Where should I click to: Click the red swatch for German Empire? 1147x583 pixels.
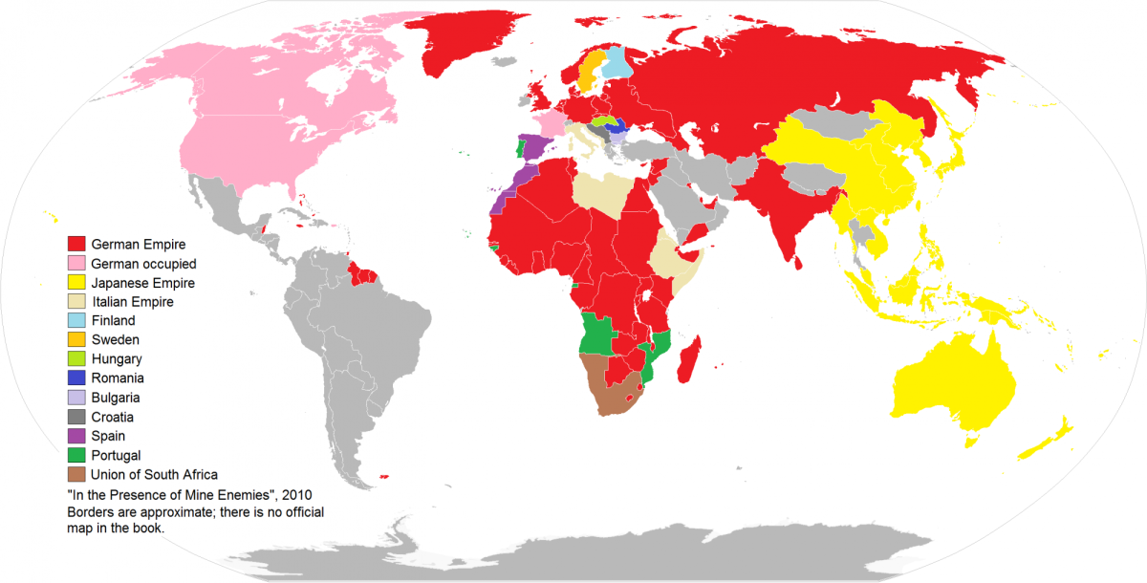(76, 245)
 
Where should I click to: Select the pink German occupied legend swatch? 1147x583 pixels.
(76, 264)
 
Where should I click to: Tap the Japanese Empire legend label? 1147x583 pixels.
(142, 283)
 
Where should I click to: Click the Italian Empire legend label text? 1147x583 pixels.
(133, 302)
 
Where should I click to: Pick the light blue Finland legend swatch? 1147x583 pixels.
(76, 321)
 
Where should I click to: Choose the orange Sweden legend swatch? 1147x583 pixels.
(76, 340)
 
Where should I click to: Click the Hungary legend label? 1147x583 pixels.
(117, 359)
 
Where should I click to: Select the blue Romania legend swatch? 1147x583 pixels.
(76, 378)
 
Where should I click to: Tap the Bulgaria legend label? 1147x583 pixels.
(116, 398)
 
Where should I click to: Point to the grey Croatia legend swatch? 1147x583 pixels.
(76, 417)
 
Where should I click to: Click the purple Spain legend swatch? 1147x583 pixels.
(76, 436)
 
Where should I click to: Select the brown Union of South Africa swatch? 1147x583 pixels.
(76, 474)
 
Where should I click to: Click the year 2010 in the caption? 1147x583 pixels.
(293, 493)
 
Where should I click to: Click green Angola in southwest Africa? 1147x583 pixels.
(597, 335)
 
